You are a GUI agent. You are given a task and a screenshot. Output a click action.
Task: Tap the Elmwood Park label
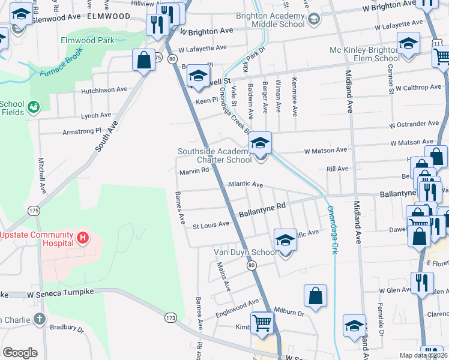pyautogui.click(x=87, y=41)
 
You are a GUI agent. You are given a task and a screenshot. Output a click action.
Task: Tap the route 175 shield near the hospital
pyautogui.click(x=34, y=211)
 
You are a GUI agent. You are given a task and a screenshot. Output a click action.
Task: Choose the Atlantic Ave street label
pyautogui.click(x=245, y=185)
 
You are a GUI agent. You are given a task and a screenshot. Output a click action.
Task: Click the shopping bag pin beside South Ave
pyautogui.click(x=143, y=60)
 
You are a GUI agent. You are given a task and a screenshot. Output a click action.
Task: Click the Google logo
pyautogui.click(x=20, y=353)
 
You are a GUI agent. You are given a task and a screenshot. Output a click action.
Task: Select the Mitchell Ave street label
pyautogui.click(x=42, y=175)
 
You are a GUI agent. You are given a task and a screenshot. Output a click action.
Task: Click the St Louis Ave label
pyautogui.click(x=211, y=225)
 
